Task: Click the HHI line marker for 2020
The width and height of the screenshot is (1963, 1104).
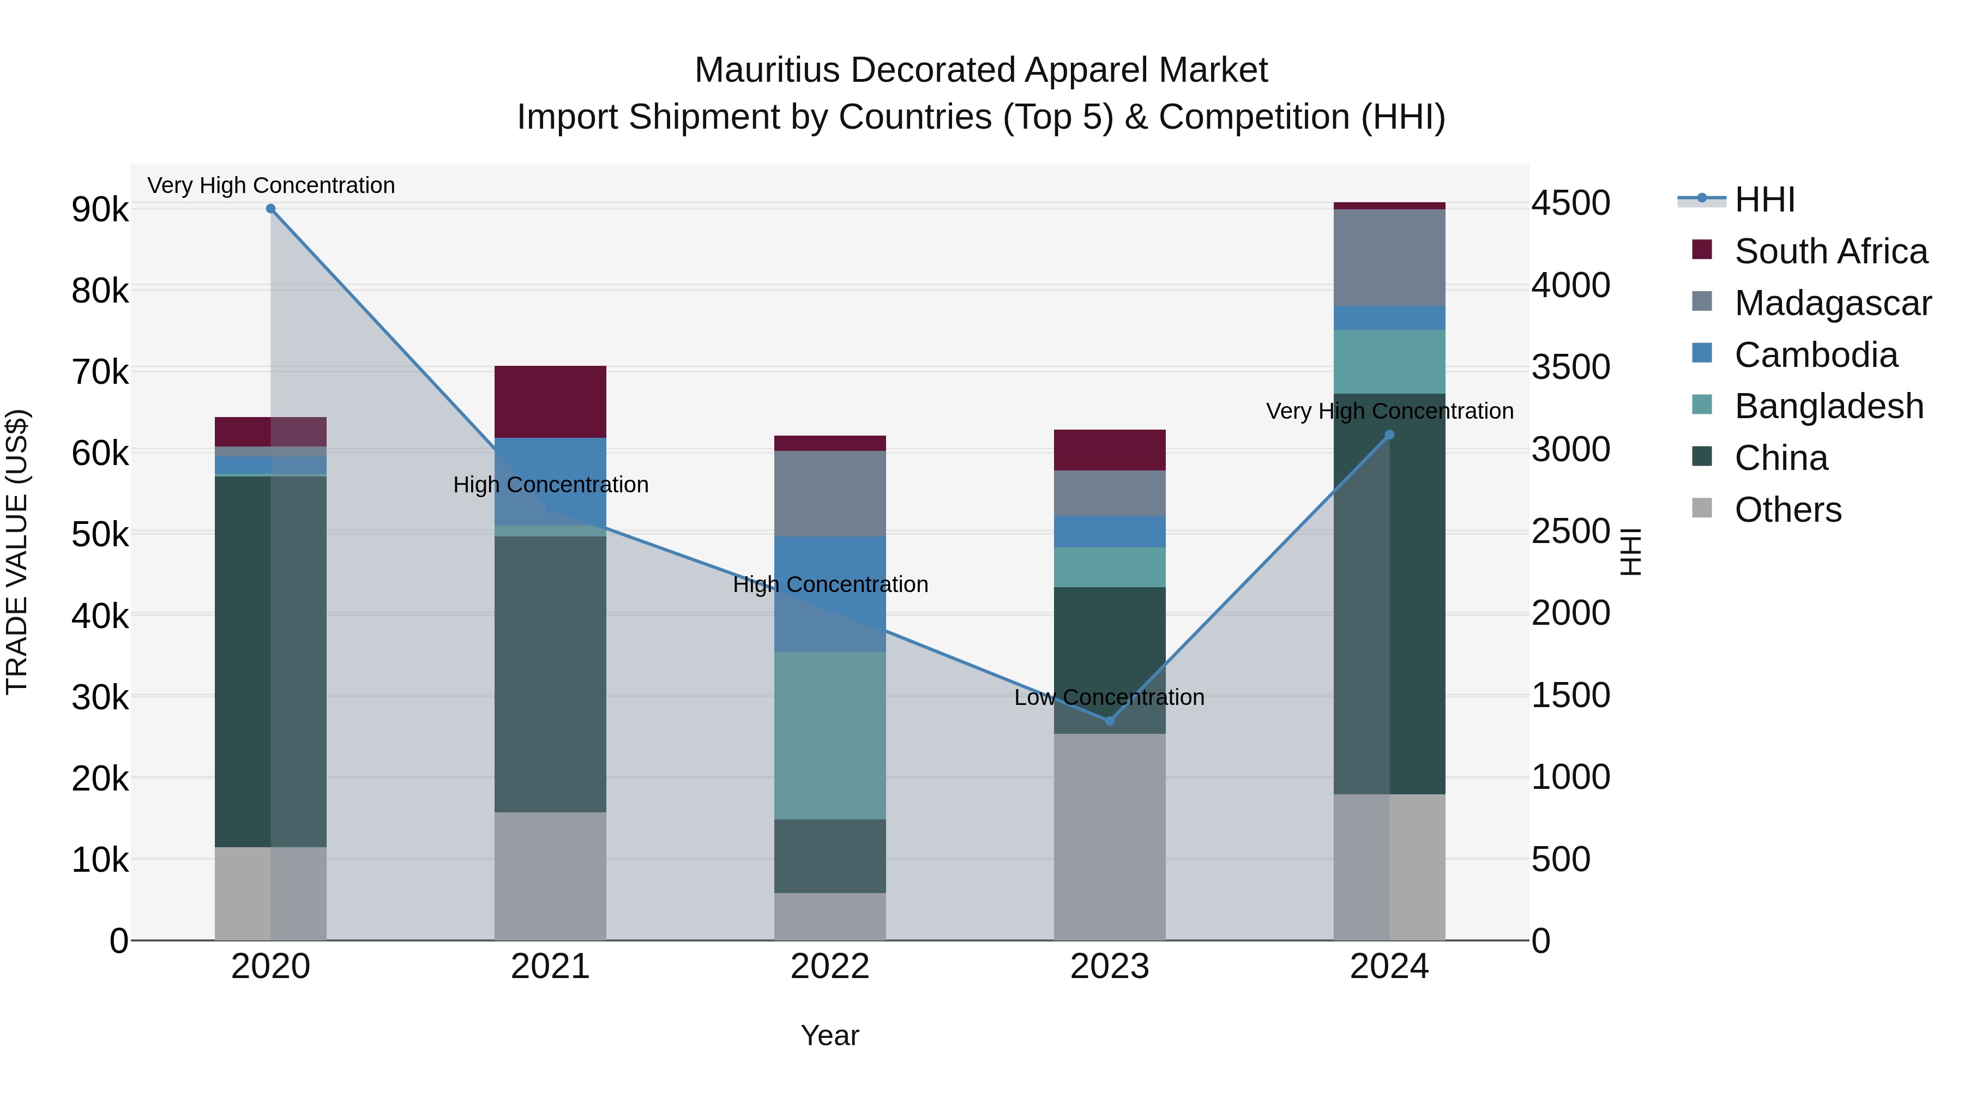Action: pyautogui.click(x=270, y=209)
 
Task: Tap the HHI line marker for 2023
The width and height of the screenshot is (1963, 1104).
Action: pyautogui.click(x=1110, y=721)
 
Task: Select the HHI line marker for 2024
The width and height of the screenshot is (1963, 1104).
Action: pyautogui.click(x=1389, y=435)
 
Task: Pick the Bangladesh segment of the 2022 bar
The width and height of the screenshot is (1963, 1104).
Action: pyautogui.click(x=830, y=735)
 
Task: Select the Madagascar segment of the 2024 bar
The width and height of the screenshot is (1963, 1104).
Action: pyautogui.click(x=1389, y=257)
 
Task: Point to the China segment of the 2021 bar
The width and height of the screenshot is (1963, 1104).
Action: pyautogui.click(x=550, y=674)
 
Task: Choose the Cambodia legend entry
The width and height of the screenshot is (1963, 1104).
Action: pyautogui.click(x=1815, y=355)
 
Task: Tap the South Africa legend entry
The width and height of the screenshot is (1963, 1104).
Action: pyautogui.click(x=1830, y=251)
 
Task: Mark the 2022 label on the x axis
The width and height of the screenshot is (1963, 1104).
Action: pyautogui.click(x=830, y=967)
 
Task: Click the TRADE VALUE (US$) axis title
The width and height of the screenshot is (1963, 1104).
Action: pyautogui.click(x=17, y=552)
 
